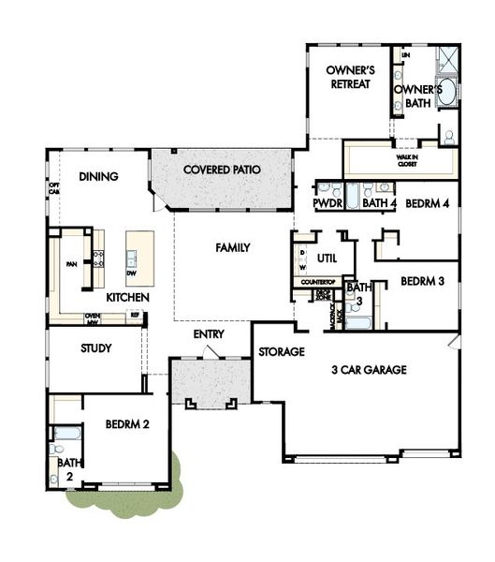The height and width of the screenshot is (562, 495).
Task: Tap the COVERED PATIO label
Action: (x=221, y=170)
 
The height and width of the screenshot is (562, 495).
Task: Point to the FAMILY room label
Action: (x=233, y=248)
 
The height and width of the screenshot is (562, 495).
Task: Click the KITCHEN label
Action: (x=126, y=297)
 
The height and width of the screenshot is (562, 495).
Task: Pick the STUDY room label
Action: (x=96, y=348)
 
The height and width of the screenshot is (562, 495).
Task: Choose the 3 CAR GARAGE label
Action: (x=369, y=370)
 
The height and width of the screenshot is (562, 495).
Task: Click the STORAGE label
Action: (x=282, y=352)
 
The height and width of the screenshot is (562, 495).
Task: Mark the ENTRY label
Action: (x=208, y=334)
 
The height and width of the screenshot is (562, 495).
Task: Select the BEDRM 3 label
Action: (x=421, y=281)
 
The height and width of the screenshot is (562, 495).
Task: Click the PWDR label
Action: (x=327, y=202)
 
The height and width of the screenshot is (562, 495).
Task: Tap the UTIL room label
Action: (x=327, y=257)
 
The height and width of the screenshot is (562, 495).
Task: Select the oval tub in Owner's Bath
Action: (x=446, y=92)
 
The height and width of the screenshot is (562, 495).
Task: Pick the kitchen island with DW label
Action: (x=138, y=259)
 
